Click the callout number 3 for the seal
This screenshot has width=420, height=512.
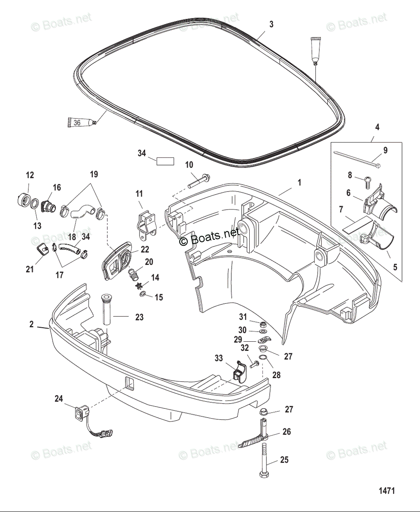click(x=271, y=24)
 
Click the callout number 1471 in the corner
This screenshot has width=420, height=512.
click(x=385, y=491)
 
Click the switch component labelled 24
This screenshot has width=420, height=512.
click(x=79, y=413)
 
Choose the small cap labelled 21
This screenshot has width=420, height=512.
click(x=43, y=249)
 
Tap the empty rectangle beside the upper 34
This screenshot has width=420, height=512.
click(x=165, y=161)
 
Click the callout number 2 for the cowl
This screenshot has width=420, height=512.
click(x=31, y=324)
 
